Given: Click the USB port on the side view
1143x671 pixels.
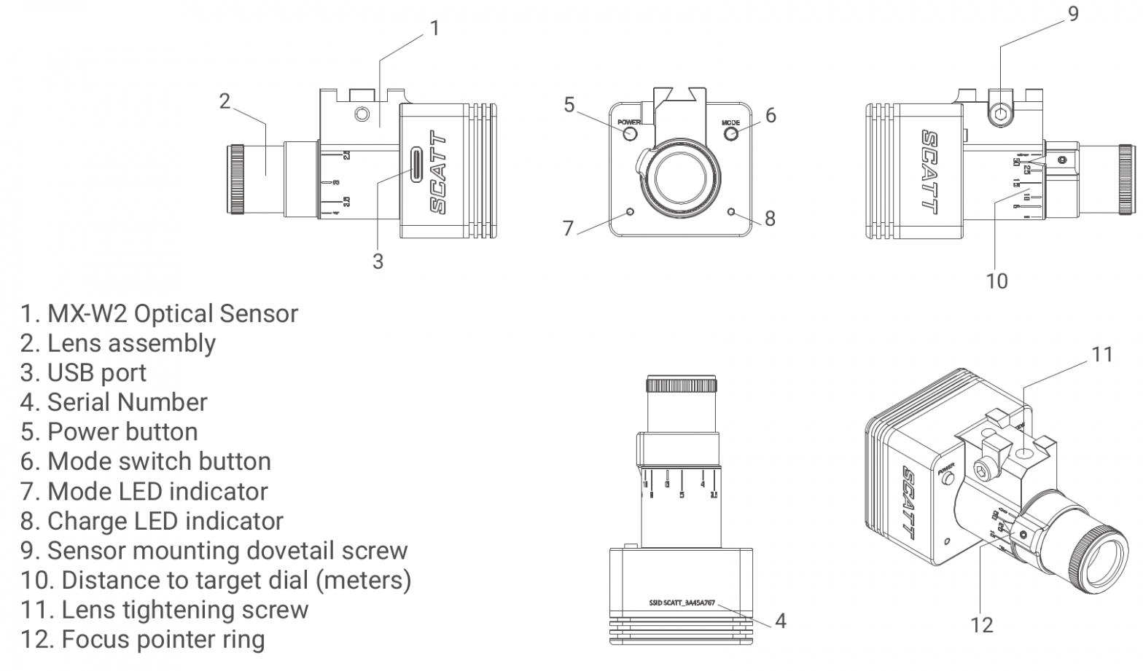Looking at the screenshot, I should click(x=416, y=165).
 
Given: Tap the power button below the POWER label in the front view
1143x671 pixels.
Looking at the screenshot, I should click(x=631, y=134).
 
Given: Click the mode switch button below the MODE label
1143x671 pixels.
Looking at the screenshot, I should click(x=731, y=133).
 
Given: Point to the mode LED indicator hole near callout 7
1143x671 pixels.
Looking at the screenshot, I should click(x=631, y=212).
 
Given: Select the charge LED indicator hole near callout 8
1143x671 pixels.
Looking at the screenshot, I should click(x=731, y=211).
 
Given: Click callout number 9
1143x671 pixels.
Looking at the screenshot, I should click(x=1072, y=14).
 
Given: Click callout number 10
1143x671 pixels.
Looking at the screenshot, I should click(x=996, y=280).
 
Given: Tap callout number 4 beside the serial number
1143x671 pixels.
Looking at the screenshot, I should click(x=780, y=621).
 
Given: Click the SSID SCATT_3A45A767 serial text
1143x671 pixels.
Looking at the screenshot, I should click(x=682, y=603).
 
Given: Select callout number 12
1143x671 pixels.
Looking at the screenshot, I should click(x=982, y=624).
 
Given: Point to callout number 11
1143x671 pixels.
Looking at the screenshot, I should click(x=1101, y=355).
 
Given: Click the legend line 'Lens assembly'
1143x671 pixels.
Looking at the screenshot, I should click(x=118, y=343).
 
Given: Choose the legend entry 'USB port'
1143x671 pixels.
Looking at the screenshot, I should click(x=83, y=373).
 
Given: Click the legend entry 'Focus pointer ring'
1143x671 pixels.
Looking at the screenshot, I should click(x=142, y=640).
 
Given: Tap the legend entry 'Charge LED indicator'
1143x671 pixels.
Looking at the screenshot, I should click(x=152, y=521).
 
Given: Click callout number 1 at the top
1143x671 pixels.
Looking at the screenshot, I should click(x=434, y=28).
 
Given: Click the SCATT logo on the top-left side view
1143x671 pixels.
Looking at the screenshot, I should click(x=437, y=173).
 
